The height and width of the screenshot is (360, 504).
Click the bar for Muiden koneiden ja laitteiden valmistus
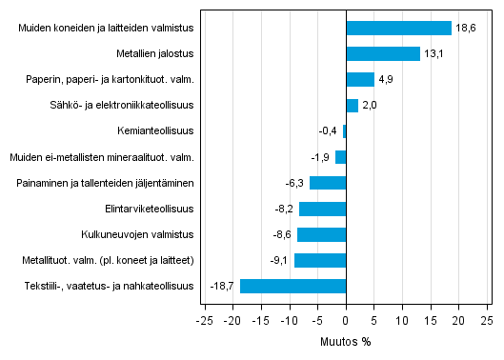(398, 29)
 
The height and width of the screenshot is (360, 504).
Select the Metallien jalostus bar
(383, 54)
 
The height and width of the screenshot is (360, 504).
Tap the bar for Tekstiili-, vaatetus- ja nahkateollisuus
(292, 286)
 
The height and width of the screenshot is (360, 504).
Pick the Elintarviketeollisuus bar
(322, 209)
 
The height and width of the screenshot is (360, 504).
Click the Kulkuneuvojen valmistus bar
(321, 234)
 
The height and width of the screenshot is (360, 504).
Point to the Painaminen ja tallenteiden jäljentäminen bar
(328, 183)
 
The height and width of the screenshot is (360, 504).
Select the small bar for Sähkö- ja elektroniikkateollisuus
(352, 106)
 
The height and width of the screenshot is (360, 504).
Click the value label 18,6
(465, 29)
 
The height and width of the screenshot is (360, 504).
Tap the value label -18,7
(223, 286)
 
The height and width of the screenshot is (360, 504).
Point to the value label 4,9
(387, 80)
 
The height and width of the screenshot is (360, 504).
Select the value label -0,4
(328, 131)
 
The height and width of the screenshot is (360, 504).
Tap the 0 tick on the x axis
(346, 321)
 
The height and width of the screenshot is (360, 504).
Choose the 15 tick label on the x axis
(431, 321)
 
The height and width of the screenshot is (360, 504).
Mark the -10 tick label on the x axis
(289, 321)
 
